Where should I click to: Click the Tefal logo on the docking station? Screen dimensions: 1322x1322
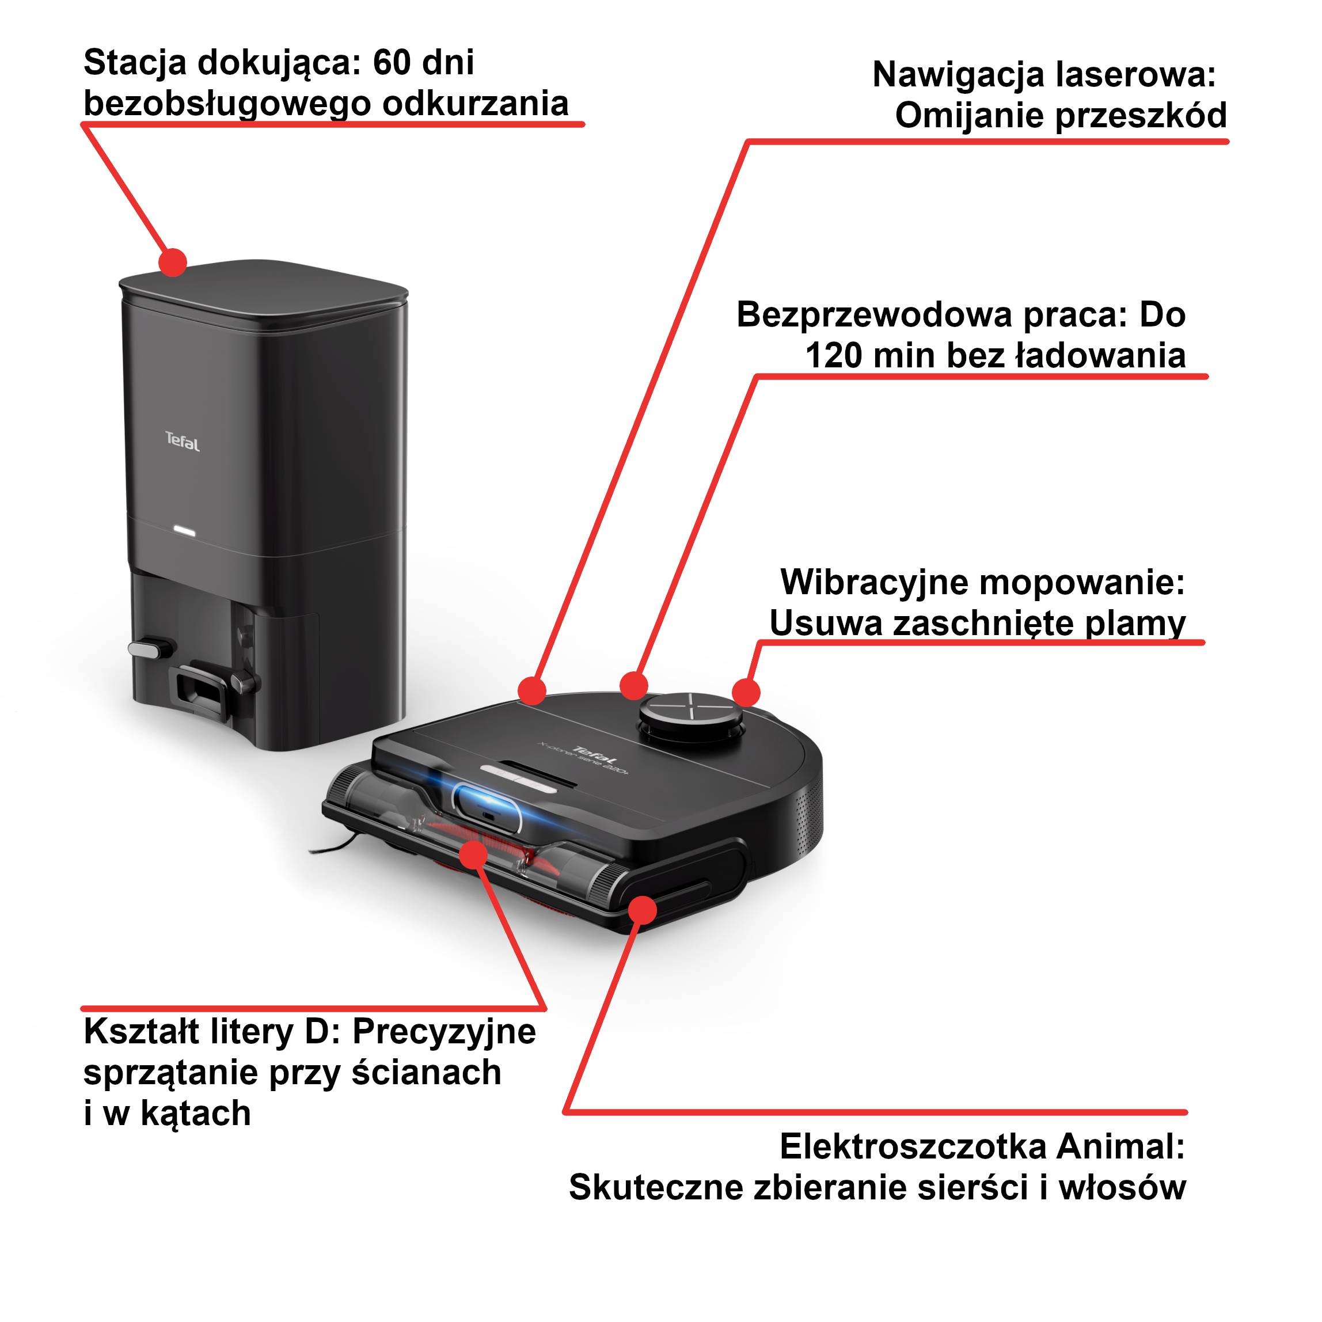click(x=183, y=442)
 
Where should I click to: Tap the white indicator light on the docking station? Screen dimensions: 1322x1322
click(x=184, y=531)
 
